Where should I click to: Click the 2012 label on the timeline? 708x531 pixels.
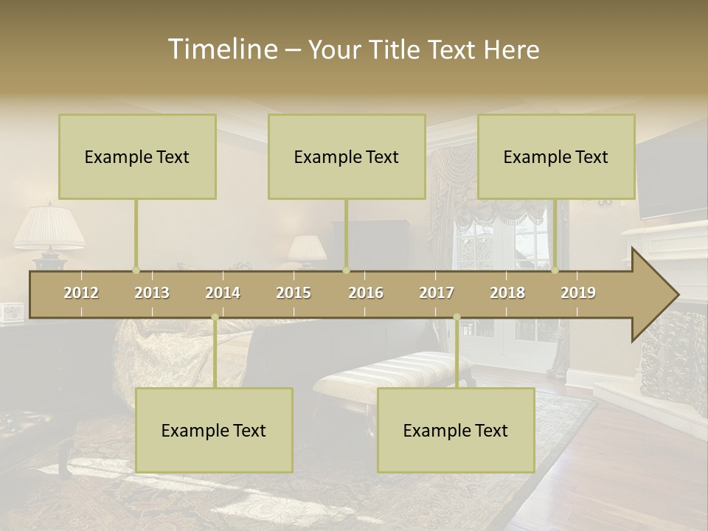click(81, 293)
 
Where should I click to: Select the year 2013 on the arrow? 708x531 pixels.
click(152, 293)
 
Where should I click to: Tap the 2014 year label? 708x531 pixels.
click(223, 293)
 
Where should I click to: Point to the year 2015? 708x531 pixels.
click(294, 293)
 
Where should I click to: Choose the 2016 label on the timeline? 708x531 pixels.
click(366, 293)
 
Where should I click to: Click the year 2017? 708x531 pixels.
click(437, 293)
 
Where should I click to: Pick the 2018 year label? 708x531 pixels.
click(507, 293)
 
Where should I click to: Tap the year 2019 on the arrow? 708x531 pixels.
click(578, 293)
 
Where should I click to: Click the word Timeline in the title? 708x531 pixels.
click(222, 49)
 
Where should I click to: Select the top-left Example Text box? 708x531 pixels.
click(137, 156)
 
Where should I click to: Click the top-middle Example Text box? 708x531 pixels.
click(347, 156)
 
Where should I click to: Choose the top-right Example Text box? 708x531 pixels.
click(556, 156)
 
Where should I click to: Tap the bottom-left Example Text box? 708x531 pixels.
click(214, 430)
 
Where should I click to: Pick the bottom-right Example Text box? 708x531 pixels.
click(456, 430)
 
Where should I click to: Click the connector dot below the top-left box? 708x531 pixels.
click(136, 270)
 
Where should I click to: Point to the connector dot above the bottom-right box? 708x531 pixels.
click(457, 317)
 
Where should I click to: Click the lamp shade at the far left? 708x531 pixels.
click(49, 227)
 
